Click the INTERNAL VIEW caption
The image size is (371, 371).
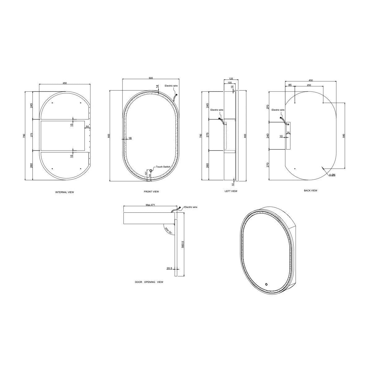click(x=65, y=192)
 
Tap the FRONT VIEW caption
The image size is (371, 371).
click(x=151, y=192)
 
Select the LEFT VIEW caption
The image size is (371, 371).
click(x=231, y=191)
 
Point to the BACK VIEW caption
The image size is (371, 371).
click(x=310, y=190)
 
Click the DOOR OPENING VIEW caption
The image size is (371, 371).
click(x=149, y=282)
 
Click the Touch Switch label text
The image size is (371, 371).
click(x=163, y=167)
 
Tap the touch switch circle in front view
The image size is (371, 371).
click(x=151, y=171)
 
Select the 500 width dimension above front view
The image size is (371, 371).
click(x=151, y=78)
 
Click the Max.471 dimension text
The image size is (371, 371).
click(x=150, y=205)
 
